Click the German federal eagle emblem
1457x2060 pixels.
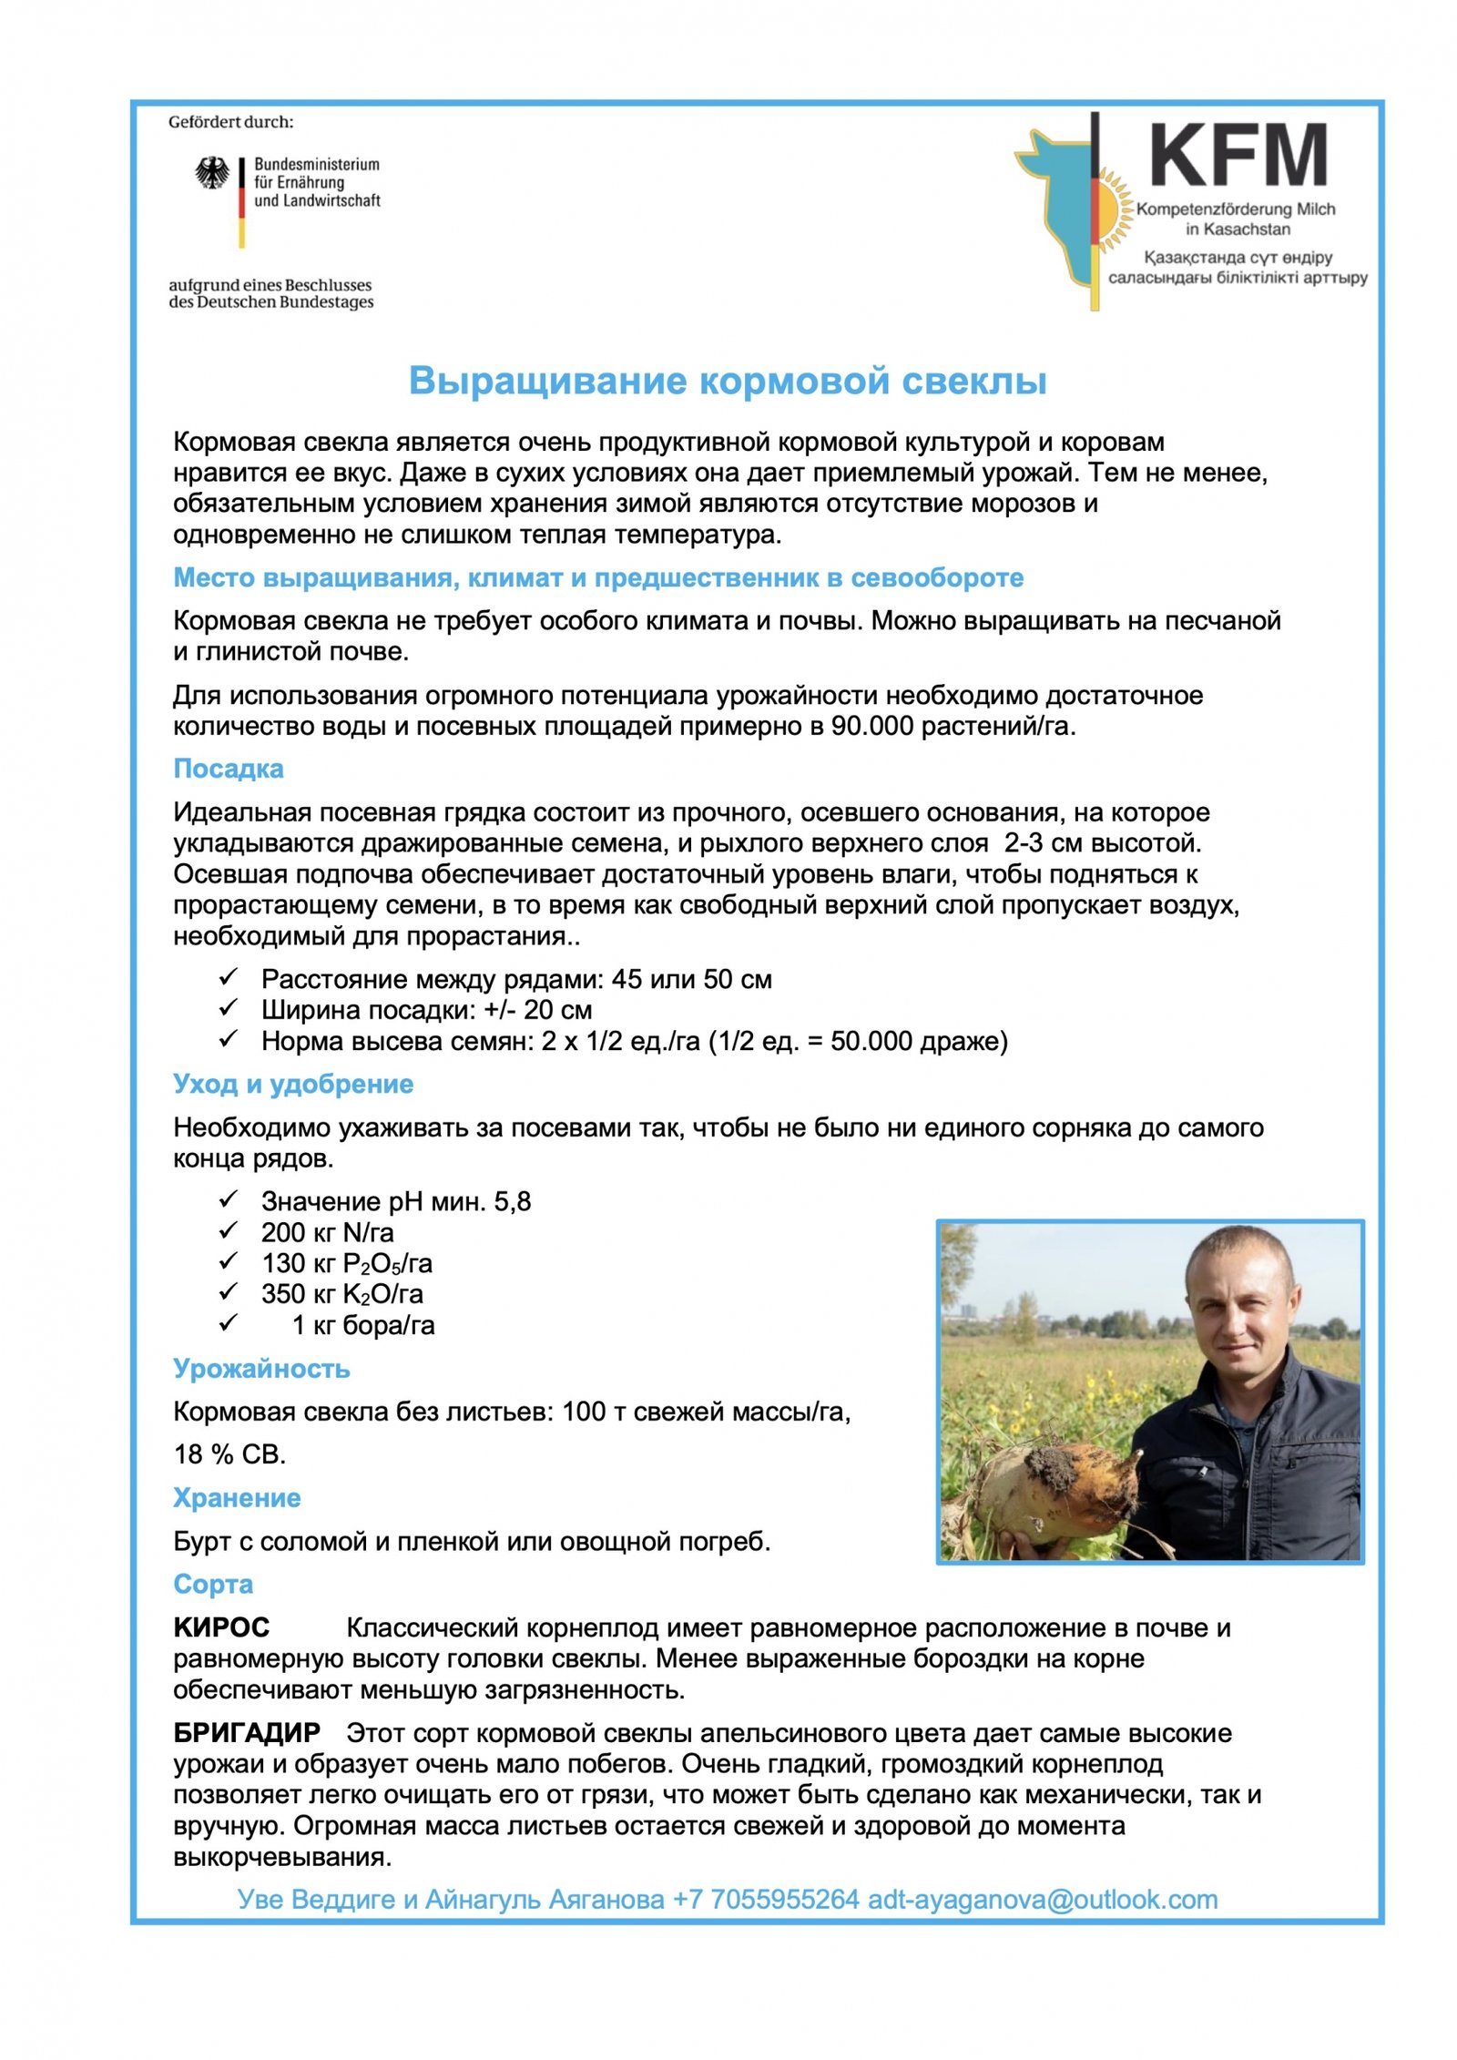click(212, 172)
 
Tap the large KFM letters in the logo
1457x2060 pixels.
click(1238, 156)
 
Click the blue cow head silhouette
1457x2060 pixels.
click(1056, 200)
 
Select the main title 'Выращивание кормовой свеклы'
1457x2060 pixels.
click(727, 381)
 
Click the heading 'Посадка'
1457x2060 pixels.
click(229, 769)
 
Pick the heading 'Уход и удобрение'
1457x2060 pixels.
click(293, 1084)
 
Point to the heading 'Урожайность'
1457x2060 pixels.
click(261, 1369)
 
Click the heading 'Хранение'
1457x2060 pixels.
click(237, 1498)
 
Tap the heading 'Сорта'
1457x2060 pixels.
click(213, 1584)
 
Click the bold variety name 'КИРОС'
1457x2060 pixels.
click(221, 1627)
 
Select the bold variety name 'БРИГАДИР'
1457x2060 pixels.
click(247, 1732)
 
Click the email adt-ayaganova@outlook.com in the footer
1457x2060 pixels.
click(1043, 1899)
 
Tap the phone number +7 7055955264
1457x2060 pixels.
click(766, 1899)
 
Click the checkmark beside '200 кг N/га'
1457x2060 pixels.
click(228, 1231)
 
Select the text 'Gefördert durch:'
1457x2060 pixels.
click(230, 122)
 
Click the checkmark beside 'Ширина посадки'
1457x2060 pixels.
click(228, 1008)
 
